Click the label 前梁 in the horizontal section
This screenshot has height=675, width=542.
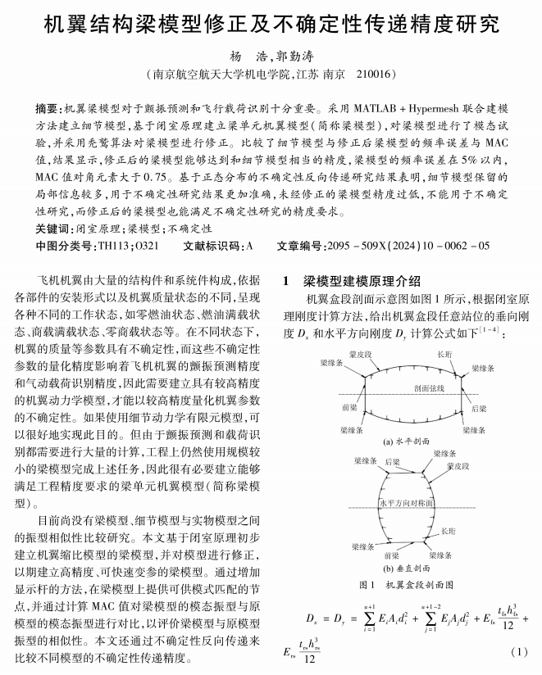pos(348,406)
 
